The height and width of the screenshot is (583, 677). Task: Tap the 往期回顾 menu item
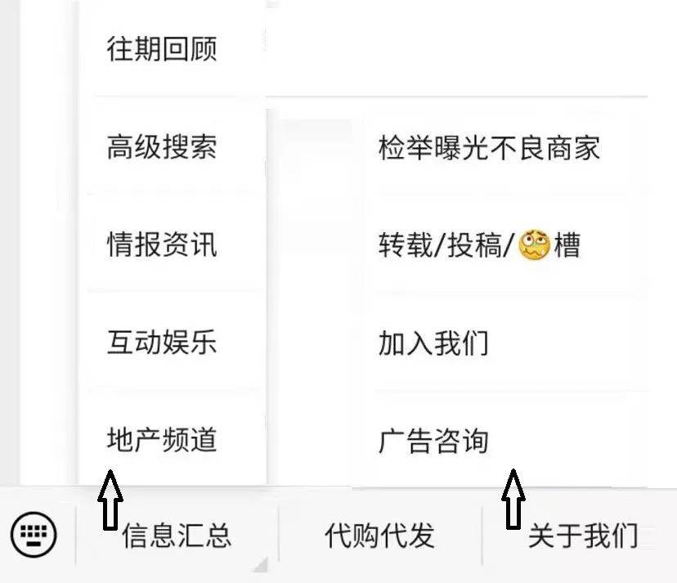(x=162, y=49)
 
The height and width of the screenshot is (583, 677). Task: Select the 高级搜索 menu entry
(x=162, y=147)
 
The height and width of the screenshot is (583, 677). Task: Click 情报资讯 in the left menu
(x=162, y=244)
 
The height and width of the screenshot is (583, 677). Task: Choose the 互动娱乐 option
(x=162, y=343)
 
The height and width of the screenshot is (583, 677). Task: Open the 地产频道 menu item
(x=162, y=440)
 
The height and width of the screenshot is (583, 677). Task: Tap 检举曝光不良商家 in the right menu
(x=489, y=148)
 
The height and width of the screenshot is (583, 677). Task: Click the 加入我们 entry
(x=433, y=343)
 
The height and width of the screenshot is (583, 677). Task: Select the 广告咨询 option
(x=433, y=442)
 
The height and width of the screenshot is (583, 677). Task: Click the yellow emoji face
(x=534, y=244)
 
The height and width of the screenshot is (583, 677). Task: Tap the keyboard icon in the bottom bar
(x=34, y=535)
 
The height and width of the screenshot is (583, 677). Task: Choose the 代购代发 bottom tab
(x=379, y=536)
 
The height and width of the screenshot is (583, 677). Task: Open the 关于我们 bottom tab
(x=583, y=536)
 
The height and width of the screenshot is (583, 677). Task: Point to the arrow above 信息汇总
(x=110, y=500)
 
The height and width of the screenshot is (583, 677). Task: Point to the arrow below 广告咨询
(x=513, y=499)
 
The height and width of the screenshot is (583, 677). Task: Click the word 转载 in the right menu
(x=406, y=244)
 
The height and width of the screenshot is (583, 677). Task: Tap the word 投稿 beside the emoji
(x=474, y=244)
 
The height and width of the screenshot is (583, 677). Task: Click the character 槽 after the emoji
(x=567, y=244)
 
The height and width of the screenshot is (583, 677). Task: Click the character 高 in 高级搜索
(x=120, y=147)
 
